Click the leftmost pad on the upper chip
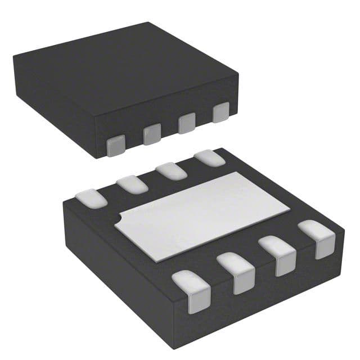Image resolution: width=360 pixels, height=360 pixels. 115,146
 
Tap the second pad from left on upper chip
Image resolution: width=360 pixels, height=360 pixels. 151,134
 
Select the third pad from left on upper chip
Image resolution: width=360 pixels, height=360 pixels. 187,123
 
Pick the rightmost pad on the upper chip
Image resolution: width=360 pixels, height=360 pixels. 221,112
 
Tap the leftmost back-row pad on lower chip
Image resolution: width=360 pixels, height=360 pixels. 91,197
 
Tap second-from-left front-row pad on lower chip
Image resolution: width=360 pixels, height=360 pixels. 236,272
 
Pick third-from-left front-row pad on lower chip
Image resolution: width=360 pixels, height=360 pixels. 278,255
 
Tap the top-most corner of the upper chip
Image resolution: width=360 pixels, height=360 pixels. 147,22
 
